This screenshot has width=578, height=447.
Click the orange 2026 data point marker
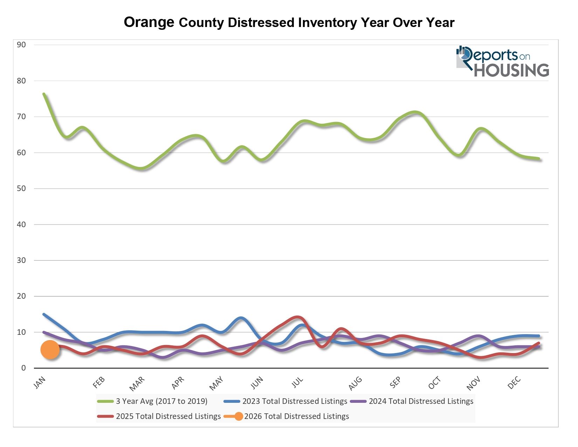pos(50,350)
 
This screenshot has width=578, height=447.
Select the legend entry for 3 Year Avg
pos(161,401)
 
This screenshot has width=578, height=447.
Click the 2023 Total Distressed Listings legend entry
pos(295,401)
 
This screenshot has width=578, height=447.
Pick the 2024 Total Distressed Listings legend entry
pos(421,401)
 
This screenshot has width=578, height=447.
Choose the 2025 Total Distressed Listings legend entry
pos(168,416)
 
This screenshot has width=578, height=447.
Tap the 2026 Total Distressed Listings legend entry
pos(296,416)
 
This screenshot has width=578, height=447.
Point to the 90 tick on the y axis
pos(21,45)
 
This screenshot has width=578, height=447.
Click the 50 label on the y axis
pos(21,188)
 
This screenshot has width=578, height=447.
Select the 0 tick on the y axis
pos(23,368)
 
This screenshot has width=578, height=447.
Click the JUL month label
pos(297,382)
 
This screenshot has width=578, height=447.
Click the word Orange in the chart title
pos(149,22)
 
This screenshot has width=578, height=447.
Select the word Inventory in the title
pos(328,22)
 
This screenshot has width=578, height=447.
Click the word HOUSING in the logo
pos(511,70)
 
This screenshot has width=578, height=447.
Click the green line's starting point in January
pos(44,94)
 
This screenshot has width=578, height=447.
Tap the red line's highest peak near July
pos(298,317)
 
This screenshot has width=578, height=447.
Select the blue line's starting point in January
pos(44,314)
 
